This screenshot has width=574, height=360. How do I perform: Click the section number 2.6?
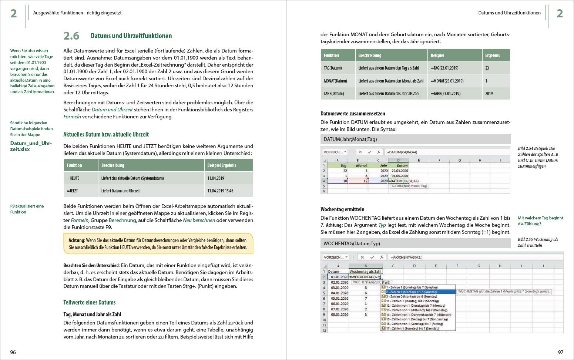click(71, 36)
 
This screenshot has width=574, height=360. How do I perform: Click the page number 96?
click(13, 352)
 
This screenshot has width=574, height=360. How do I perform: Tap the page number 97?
click(560, 352)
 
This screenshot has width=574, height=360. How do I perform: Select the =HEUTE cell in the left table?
click(73, 178)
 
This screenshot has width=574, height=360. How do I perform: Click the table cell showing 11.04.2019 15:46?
click(220, 191)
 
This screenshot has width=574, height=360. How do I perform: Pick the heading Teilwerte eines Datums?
click(90, 302)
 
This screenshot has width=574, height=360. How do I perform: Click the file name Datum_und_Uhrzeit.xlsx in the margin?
click(31, 146)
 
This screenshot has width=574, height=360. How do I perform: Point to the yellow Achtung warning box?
click(158, 244)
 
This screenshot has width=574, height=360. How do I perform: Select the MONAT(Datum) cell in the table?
click(335, 81)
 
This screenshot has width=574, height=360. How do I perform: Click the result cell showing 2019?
click(489, 94)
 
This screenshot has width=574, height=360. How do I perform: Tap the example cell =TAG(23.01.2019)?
click(444, 68)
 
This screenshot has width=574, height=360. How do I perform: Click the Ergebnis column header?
click(492, 55)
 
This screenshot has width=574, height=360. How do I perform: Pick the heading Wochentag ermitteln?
click(342, 209)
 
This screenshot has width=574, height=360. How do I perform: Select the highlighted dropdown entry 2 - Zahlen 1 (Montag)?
click(418, 292)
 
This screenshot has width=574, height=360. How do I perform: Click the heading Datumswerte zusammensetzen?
click(353, 114)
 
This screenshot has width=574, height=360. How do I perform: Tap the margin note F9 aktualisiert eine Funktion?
click(27, 209)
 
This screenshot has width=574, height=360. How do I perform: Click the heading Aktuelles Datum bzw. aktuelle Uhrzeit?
click(106, 134)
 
